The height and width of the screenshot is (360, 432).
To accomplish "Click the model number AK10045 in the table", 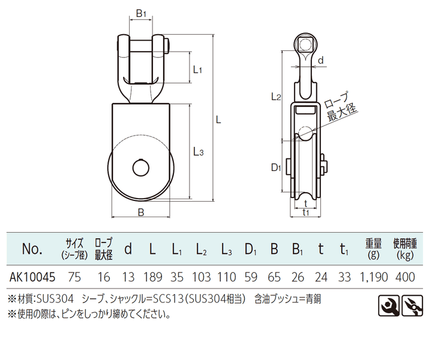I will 34,278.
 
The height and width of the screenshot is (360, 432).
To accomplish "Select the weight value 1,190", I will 373,278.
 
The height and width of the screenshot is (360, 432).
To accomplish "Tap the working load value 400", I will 405,278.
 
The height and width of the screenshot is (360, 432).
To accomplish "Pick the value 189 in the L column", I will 153,278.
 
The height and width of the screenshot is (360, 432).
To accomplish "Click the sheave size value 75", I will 75,278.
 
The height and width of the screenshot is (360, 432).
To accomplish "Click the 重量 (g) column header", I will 374,248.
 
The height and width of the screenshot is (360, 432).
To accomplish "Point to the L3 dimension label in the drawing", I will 199,152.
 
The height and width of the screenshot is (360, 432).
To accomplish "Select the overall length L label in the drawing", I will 219,120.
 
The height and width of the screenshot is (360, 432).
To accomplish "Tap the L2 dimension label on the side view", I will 276,96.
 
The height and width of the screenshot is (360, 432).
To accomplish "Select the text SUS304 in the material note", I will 53,298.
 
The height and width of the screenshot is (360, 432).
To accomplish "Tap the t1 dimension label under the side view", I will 306,212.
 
